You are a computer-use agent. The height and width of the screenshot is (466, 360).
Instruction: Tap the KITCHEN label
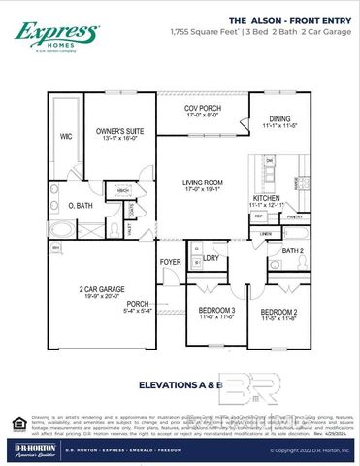click(x=266, y=197)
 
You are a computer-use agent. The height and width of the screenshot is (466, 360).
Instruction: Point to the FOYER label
click(x=171, y=262)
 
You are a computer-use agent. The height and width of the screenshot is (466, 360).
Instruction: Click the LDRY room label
click(x=212, y=259)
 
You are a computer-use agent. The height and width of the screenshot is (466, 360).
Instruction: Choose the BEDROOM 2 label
click(x=278, y=311)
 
